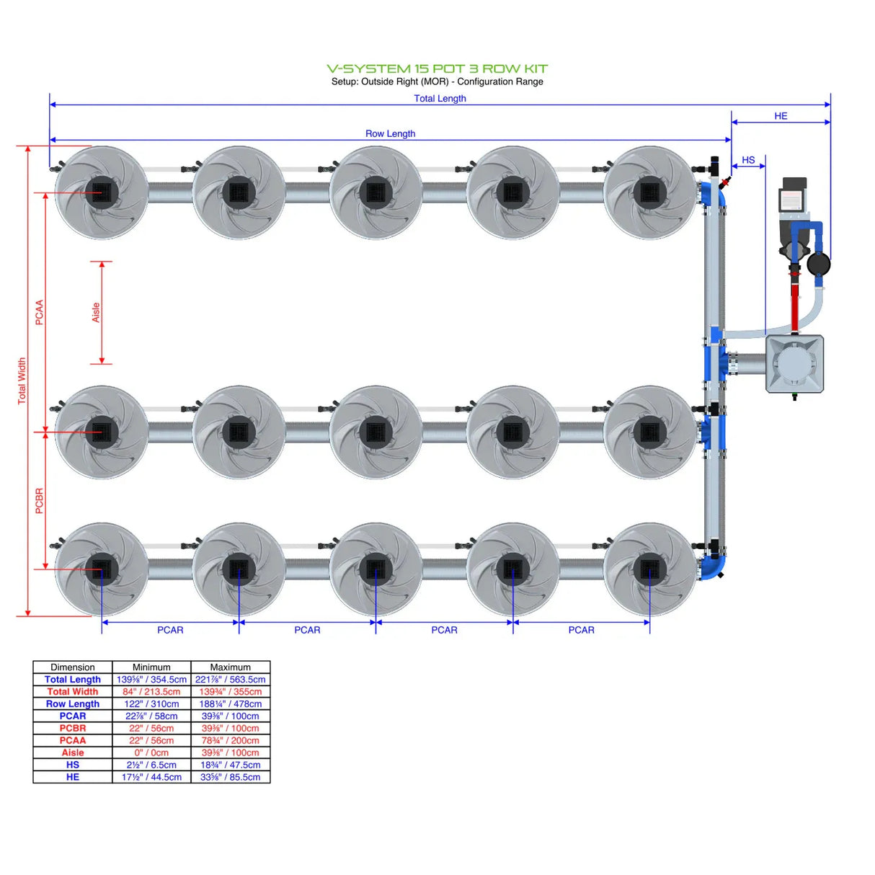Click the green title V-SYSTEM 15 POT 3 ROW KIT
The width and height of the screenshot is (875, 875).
point(437,68)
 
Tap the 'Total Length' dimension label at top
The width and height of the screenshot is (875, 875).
point(440,99)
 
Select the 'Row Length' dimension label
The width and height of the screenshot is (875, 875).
point(390,133)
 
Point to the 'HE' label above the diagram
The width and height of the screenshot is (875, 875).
point(781,116)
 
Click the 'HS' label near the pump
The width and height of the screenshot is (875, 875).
point(748,160)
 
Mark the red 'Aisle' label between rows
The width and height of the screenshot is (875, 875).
point(96,312)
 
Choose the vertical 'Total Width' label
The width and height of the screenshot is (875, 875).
point(22,381)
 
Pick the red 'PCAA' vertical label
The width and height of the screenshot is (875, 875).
point(40,312)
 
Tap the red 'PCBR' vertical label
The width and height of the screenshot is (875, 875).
point(40,501)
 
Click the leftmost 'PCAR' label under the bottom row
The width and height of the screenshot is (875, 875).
point(170,630)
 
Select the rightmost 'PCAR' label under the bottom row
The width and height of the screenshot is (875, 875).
point(581,630)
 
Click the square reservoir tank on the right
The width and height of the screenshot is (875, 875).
point(794,364)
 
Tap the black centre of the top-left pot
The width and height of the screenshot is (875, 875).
point(102,192)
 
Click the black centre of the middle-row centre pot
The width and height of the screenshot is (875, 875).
point(376,432)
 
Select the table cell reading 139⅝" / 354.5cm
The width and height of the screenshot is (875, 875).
point(151,680)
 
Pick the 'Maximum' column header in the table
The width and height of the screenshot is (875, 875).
point(230,667)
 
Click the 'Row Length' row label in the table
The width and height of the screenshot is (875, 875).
point(73,704)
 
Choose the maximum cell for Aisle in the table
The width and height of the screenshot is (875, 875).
point(230,752)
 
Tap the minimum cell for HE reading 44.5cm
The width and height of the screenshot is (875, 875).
point(151,777)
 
